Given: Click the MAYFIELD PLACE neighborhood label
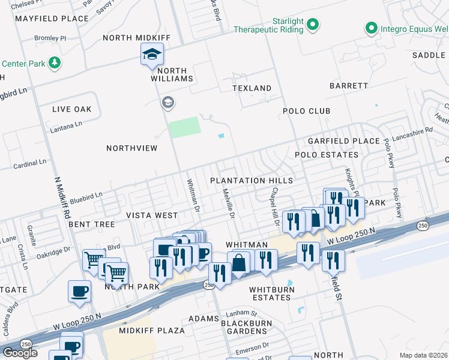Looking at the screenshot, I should [52, 19].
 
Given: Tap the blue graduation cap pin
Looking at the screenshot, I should [152, 55].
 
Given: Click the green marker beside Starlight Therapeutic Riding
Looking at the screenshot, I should [312, 25].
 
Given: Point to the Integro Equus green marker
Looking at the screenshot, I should [371, 28].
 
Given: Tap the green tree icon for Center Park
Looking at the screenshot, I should [55, 63].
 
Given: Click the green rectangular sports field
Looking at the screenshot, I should [184, 127].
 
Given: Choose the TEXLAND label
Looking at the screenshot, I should [252, 88].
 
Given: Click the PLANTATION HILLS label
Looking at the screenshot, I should [252, 181].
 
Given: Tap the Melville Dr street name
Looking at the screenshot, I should [228, 202].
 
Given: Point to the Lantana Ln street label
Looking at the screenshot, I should [67, 126].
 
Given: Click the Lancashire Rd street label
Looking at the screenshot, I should [412, 130].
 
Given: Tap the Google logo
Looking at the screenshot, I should [20, 352].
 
